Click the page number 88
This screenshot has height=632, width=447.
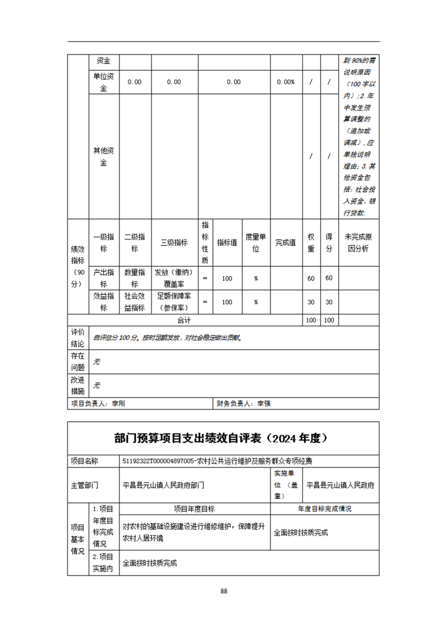[224, 591]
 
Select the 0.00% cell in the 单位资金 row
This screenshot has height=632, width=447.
[286, 82]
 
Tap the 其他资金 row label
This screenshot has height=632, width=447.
[104, 157]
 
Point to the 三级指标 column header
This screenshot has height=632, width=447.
[174, 243]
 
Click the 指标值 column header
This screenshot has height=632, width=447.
[227, 243]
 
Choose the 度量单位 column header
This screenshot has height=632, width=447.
[256, 243]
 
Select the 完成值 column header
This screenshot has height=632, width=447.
[286, 243]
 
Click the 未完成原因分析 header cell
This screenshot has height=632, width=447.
[359, 243]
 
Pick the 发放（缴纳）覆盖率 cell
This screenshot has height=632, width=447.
[174, 278]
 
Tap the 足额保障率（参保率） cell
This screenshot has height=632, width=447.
[174, 302]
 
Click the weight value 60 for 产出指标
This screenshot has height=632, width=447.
[311, 278]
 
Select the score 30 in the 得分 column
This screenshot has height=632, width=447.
[329, 302]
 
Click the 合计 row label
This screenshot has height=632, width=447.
[184, 320]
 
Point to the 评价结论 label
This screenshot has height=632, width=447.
[78, 337]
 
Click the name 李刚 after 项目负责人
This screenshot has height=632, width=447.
[118, 403]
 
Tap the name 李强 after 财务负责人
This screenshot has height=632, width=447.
[264, 403]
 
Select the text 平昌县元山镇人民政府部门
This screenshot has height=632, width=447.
[163, 484]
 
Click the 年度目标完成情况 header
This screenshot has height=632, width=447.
[324, 509]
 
